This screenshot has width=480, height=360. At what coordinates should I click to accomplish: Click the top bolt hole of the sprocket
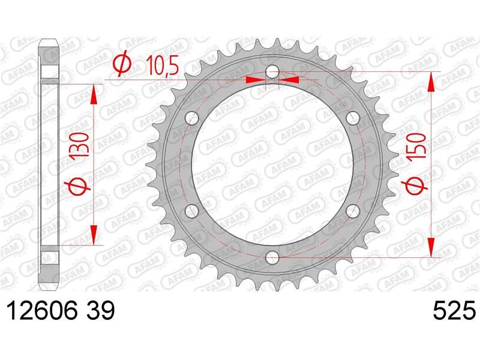272,72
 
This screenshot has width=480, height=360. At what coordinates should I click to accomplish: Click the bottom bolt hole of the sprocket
272,257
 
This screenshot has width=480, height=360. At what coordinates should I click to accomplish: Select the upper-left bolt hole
192,118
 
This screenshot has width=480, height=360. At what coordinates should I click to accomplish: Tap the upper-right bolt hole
352,118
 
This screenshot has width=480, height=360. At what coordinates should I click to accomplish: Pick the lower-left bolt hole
192,211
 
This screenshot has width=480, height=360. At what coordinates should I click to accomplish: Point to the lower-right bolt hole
352,211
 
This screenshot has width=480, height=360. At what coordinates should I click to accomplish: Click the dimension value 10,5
162,65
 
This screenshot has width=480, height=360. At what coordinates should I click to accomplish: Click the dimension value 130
81,145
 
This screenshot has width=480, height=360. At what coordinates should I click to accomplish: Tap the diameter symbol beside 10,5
122,65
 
